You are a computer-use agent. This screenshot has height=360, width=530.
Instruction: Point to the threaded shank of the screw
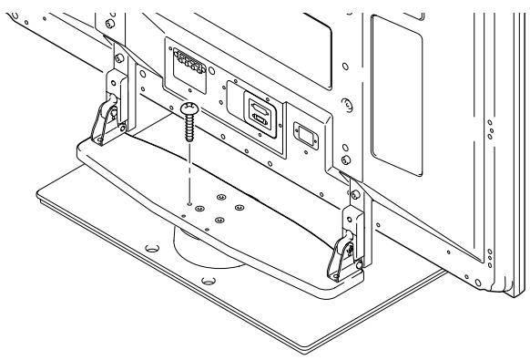click(x=190, y=127)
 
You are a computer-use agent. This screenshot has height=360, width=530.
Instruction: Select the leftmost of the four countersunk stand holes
click(x=199, y=210)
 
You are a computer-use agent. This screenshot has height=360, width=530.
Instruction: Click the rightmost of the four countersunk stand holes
click(x=240, y=207)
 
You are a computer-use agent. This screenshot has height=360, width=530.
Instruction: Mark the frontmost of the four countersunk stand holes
click(x=219, y=220)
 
